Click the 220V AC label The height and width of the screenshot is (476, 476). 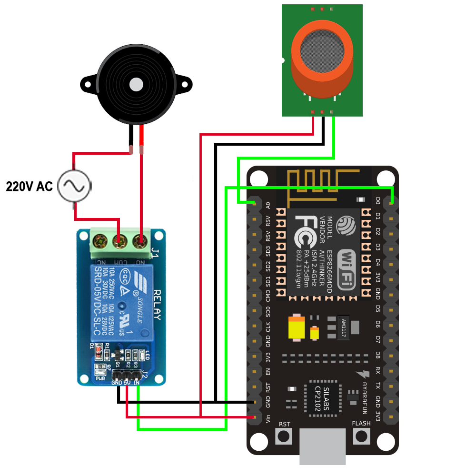coord(29,186)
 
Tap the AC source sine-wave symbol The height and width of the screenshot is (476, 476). coord(75,186)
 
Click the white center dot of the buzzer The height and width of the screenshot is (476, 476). coord(136,84)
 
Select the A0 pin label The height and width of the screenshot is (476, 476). coord(268,205)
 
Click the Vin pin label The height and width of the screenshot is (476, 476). coord(268,418)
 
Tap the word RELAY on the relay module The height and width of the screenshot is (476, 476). coord(157,305)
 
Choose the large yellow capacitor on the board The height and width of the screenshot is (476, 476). coord(297,328)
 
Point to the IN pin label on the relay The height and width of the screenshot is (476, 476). coord(137,382)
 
